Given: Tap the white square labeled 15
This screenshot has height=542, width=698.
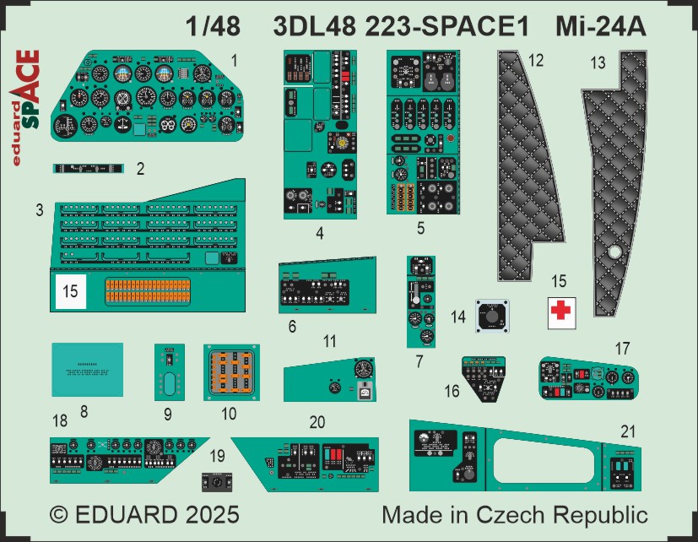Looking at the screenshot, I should pyautogui.click(x=71, y=291).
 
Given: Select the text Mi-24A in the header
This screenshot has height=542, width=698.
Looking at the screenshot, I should pyautogui.click(x=600, y=26).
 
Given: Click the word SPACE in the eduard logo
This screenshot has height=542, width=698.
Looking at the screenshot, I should pyautogui.click(x=30, y=89).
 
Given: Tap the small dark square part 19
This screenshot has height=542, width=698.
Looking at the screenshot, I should pyautogui.click(x=218, y=482).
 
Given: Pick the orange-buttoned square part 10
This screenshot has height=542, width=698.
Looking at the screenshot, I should pyautogui.click(x=230, y=371).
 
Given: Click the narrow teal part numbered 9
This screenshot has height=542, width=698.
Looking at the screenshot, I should pyautogui.click(x=169, y=371).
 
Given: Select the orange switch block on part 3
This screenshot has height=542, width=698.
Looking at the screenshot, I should pyautogui.click(x=148, y=292).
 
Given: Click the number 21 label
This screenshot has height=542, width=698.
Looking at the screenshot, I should pyautogui.click(x=627, y=431).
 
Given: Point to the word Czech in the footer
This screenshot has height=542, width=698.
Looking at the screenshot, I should pyautogui.click(x=532, y=515).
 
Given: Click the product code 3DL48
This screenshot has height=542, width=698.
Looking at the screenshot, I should pyautogui.click(x=313, y=26).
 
